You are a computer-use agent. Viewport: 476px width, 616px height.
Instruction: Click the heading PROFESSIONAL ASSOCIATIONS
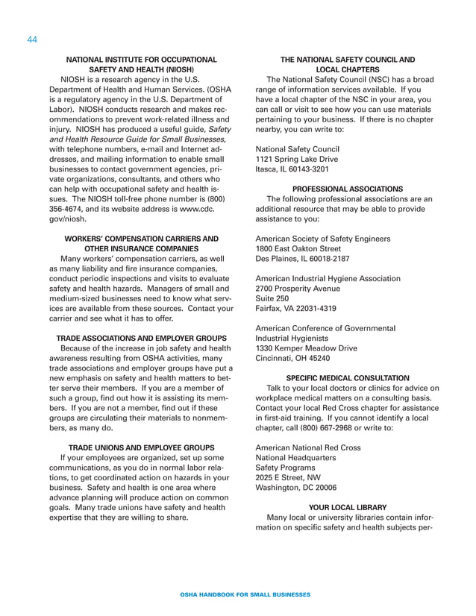348,189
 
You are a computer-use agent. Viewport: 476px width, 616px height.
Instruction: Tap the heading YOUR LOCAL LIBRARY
348,505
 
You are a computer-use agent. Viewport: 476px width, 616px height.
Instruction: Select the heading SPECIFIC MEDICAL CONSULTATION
348,378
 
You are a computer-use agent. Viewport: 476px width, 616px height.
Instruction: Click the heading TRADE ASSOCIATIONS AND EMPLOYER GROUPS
143,338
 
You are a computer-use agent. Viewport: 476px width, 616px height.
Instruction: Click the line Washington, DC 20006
296,486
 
